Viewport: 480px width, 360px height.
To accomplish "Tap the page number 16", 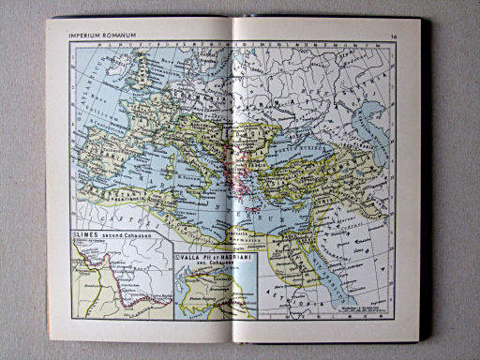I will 394,37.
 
